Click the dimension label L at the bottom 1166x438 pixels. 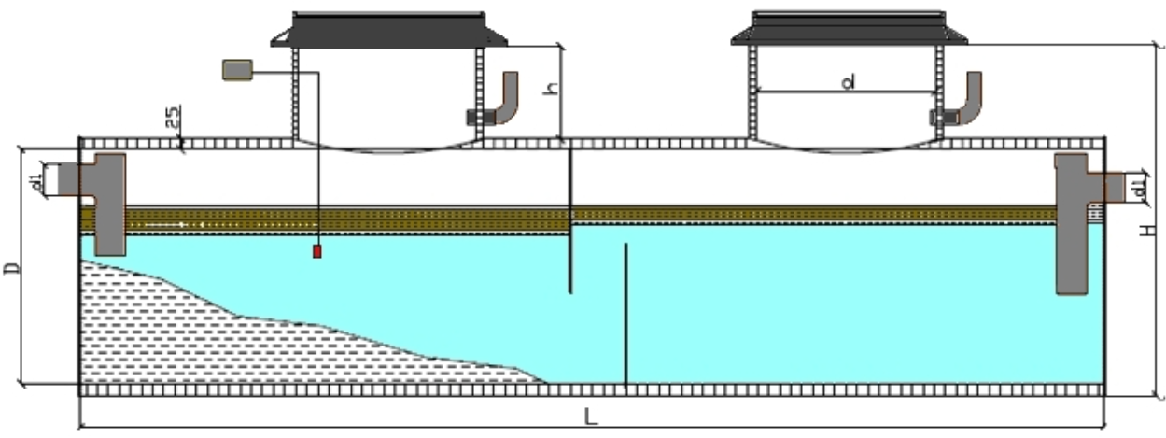(x=590, y=417)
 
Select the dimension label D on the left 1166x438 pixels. (x=11, y=268)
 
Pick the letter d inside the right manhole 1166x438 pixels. (x=849, y=82)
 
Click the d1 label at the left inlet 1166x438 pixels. (x=35, y=179)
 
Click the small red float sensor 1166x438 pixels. (x=317, y=251)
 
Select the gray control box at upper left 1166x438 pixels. (x=238, y=69)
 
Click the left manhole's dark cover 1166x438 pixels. (x=388, y=29)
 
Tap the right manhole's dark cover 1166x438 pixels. (x=849, y=29)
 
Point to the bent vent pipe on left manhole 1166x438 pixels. (x=507, y=97)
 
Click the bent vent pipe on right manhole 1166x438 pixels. (x=971, y=97)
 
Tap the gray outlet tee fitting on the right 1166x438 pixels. (x=1075, y=224)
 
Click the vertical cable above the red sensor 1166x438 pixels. (x=317, y=159)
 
